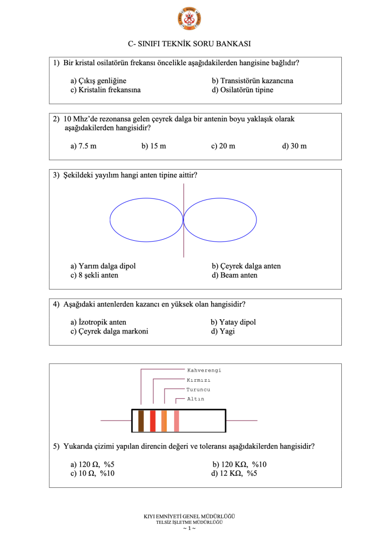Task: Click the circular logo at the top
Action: (x=189, y=19)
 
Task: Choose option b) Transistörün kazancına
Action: (x=253, y=81)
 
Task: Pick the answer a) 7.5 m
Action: (x=83, y=146)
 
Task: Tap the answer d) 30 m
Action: (x=294, y=146)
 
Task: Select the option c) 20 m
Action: (x=223, y=146)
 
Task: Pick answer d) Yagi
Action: (x=222, y=331)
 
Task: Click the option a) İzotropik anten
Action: (x=98, y=322)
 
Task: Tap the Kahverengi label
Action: (x=204, y=370)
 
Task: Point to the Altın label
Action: (x=195, y=399)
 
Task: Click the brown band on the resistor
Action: (x=141, y=421)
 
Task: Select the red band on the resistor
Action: (x=153, y=421)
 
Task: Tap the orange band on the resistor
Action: (x=165, y=421)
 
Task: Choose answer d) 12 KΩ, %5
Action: (x=234, y=474)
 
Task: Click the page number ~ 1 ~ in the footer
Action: (x=189, y=529)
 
